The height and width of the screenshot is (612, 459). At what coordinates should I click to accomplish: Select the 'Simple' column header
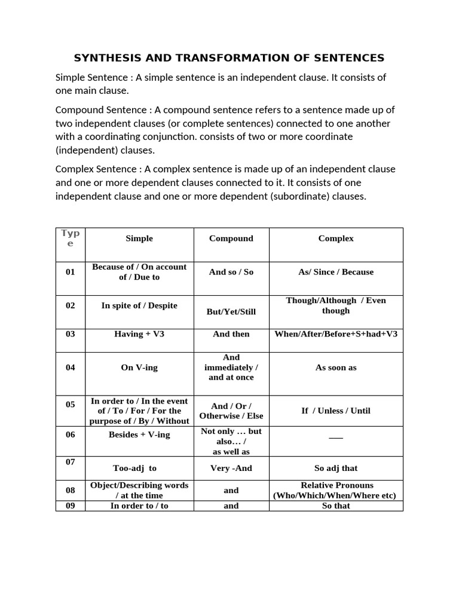click(x=139, y=238)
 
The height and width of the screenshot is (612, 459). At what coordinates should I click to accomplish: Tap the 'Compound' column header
click(x=231, y=238)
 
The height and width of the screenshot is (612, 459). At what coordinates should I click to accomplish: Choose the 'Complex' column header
click(x=336, y=238)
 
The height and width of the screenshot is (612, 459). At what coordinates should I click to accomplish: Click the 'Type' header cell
click(x=71, y=238)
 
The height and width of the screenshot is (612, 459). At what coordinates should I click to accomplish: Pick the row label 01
click(x=71, y=272)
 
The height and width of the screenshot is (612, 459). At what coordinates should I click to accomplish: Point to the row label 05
click(x=71, y=405)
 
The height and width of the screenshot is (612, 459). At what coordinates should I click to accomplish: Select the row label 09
click(x=71, y=506)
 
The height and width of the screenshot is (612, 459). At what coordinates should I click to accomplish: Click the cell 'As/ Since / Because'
click(x=336, y=272)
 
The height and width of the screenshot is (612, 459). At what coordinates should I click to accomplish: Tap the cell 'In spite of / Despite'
click(x=139, y=305)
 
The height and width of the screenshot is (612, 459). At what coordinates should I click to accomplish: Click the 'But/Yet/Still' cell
click(x=231, y=311)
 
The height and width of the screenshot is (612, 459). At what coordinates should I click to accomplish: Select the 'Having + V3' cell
click(x=139, y=334)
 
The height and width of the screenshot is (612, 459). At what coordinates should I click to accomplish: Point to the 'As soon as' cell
click(x=336, y=368)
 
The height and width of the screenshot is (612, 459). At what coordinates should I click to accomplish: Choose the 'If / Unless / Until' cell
click(x=336, y=411)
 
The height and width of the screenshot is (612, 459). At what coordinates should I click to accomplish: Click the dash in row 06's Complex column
click(x=336, y=437)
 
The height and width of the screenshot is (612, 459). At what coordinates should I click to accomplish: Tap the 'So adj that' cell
click(x=336, y=468)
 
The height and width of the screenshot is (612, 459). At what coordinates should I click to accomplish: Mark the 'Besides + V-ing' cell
click(x=139, y=434)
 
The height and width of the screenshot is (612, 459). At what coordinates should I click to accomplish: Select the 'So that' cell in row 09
click(x=336, y=506)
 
